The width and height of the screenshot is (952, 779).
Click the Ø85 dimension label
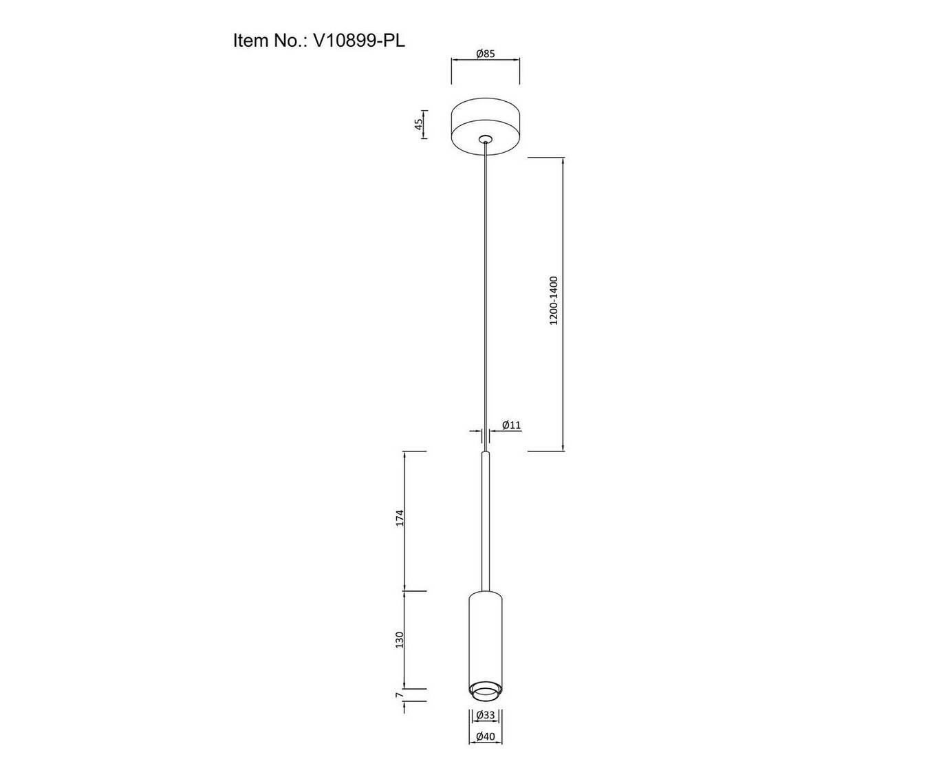pyautogui.click(x=485, y=54)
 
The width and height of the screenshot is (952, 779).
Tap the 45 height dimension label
pyautogui.click(x=420, y=124)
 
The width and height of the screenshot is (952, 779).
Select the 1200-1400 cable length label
pyautogui.click(x=554, y=300)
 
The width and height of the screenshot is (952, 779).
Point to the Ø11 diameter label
pyautogui.click(x=512, y=425)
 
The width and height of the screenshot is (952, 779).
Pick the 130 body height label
pyautogui.click(x=400, y=641)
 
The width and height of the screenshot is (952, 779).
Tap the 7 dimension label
pyautogui.click(x=399, y=707)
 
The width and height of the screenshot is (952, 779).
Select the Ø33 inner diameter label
pyautogui.click(x=485, y=727)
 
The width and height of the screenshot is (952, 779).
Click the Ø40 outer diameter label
pyautogui.click(x=485, y=749)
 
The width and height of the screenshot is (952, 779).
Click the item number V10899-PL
pyautogui.click(x=359, y=41)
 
